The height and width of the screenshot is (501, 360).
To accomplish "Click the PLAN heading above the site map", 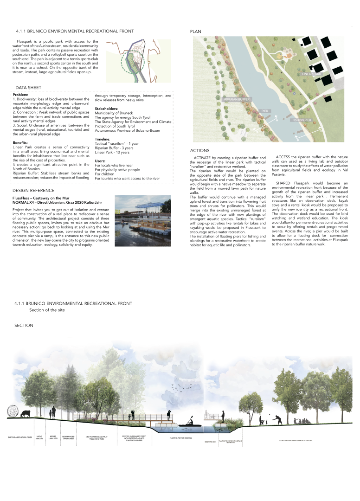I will tap(195, 32).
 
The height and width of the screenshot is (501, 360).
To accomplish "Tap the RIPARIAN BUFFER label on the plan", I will tap(237, 99).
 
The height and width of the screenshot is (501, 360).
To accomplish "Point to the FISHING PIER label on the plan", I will tap(301, 120).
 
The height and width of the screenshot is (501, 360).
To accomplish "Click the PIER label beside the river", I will tap(265, 111).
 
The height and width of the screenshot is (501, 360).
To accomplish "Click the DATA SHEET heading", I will tap(28, 88).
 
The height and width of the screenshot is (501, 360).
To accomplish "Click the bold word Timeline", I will tap(103, 139).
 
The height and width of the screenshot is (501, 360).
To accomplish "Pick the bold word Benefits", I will tap(20, 142).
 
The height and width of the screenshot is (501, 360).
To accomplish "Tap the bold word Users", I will tap(101, 161).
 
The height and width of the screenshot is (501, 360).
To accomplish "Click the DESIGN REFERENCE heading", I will tap(33, 190).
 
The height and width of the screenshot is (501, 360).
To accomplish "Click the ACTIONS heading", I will tap(200, 150).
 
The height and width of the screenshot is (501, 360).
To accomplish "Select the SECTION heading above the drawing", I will tap(24, 325).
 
